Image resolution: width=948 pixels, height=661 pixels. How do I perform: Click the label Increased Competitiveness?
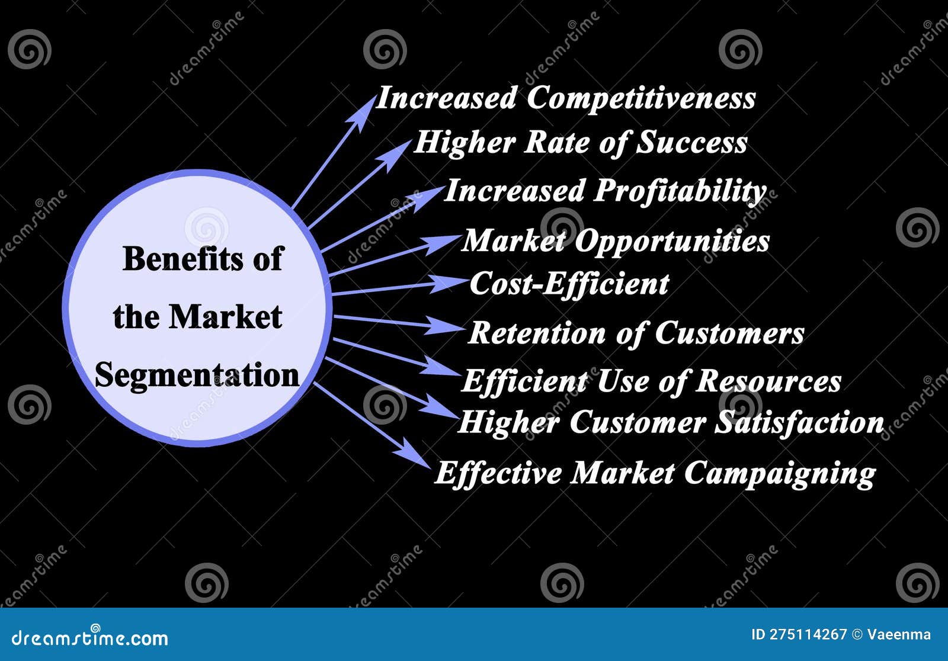[566, 98]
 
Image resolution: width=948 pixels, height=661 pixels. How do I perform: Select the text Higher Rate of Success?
[581, 143]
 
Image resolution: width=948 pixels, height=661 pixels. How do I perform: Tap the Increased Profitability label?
[605, 191]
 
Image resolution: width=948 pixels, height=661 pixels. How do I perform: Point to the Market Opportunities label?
[616, 241]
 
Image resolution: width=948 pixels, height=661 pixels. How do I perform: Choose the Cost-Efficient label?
[569, 284]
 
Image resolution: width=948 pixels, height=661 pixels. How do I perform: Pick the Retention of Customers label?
[636, 333]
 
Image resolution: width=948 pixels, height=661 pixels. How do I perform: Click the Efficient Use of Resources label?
[651, 381]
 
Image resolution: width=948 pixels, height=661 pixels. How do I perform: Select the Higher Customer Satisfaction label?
[671, 423]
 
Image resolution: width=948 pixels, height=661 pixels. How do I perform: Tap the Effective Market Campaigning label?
[655, 474]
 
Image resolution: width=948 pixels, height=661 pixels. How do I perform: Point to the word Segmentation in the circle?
[197, 376]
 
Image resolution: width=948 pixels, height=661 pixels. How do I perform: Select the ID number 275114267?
[808, 635]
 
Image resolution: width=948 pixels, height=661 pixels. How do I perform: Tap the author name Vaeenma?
[899, 635]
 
